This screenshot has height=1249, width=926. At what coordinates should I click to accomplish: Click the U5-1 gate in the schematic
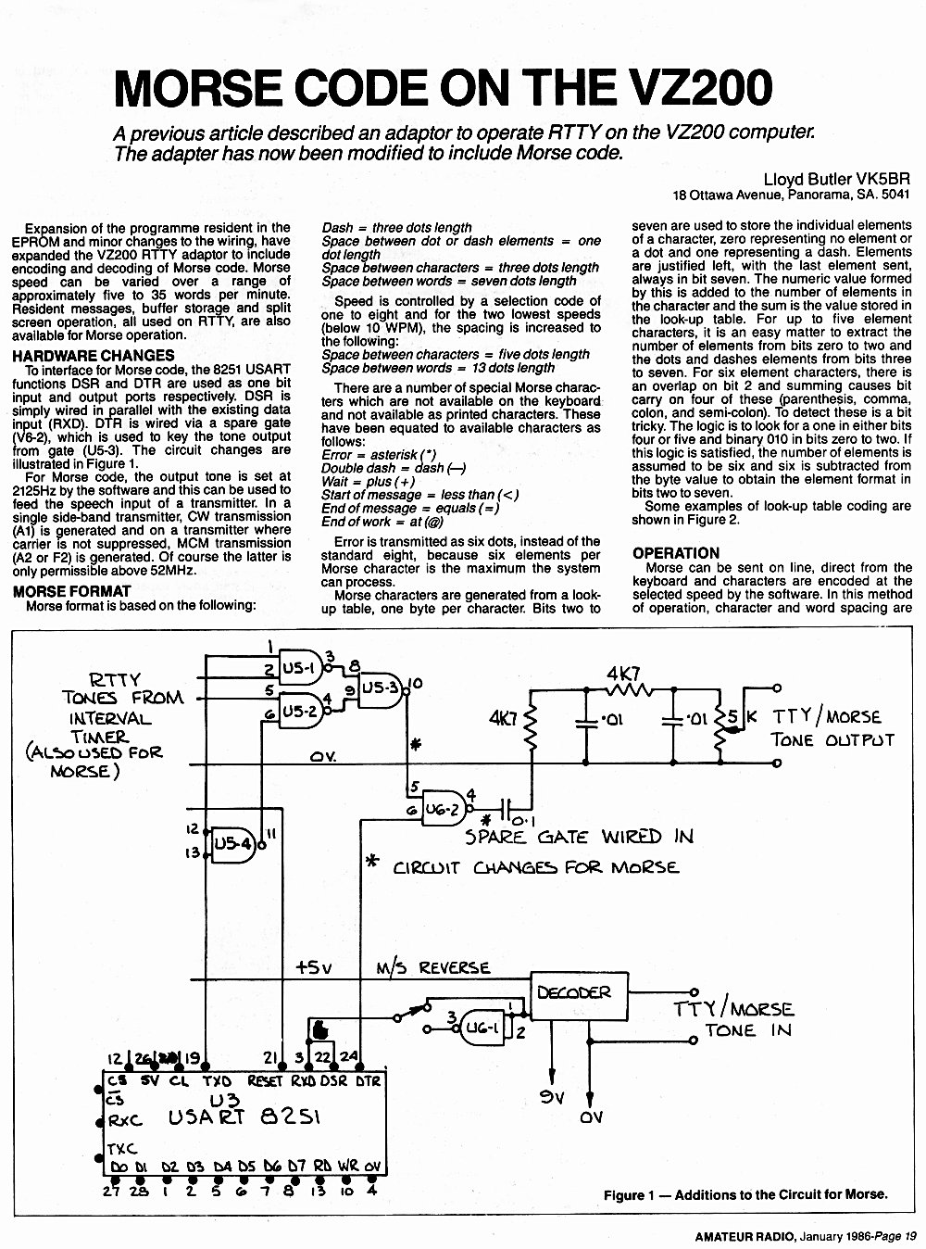(x=302, y=668)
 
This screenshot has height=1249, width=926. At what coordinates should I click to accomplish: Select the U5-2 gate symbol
(x=302, y=712)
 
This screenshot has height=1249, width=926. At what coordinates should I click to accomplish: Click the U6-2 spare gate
(x=444, y=809)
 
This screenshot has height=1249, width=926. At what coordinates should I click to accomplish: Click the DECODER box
(x=580, y=996)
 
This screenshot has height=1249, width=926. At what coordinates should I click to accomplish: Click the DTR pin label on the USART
(x=369, y=1080)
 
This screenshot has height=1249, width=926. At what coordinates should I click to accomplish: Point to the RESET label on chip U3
(x=265, y=1081)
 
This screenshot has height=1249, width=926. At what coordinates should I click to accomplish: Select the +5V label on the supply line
(x=314, y=967)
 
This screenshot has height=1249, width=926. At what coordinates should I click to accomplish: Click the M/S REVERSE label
(x=432, y=968)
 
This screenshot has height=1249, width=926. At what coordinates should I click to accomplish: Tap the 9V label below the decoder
(x=552, y=1097)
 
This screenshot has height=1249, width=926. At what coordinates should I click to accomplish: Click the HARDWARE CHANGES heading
(x=94, y=356)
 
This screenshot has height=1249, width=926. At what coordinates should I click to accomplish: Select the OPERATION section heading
(x=676, y=553)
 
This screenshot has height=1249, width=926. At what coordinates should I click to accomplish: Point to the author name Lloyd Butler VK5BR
(x=836, y=179)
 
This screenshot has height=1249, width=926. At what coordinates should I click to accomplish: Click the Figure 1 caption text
(x=745, y=1194)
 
